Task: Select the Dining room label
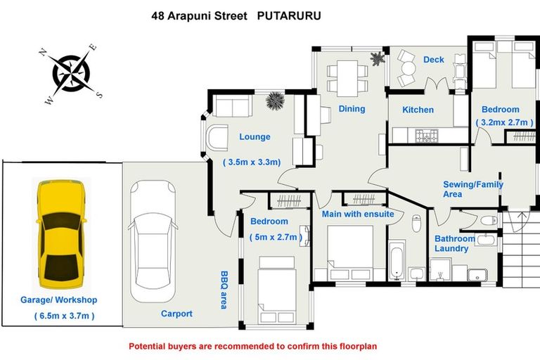(352, 109)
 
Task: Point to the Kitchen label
(418, 110)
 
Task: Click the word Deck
(433, 60)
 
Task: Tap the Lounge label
(255, 137)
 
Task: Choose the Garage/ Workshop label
(59, 300)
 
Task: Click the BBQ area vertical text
(224, 290)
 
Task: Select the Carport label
(176, 314)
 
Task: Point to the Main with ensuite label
(358, 214)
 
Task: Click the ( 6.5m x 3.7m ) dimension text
(64, 316)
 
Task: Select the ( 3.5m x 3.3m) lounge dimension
(252, 162)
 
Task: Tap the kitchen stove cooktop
(427, 134)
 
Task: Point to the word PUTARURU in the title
(289, 15)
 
